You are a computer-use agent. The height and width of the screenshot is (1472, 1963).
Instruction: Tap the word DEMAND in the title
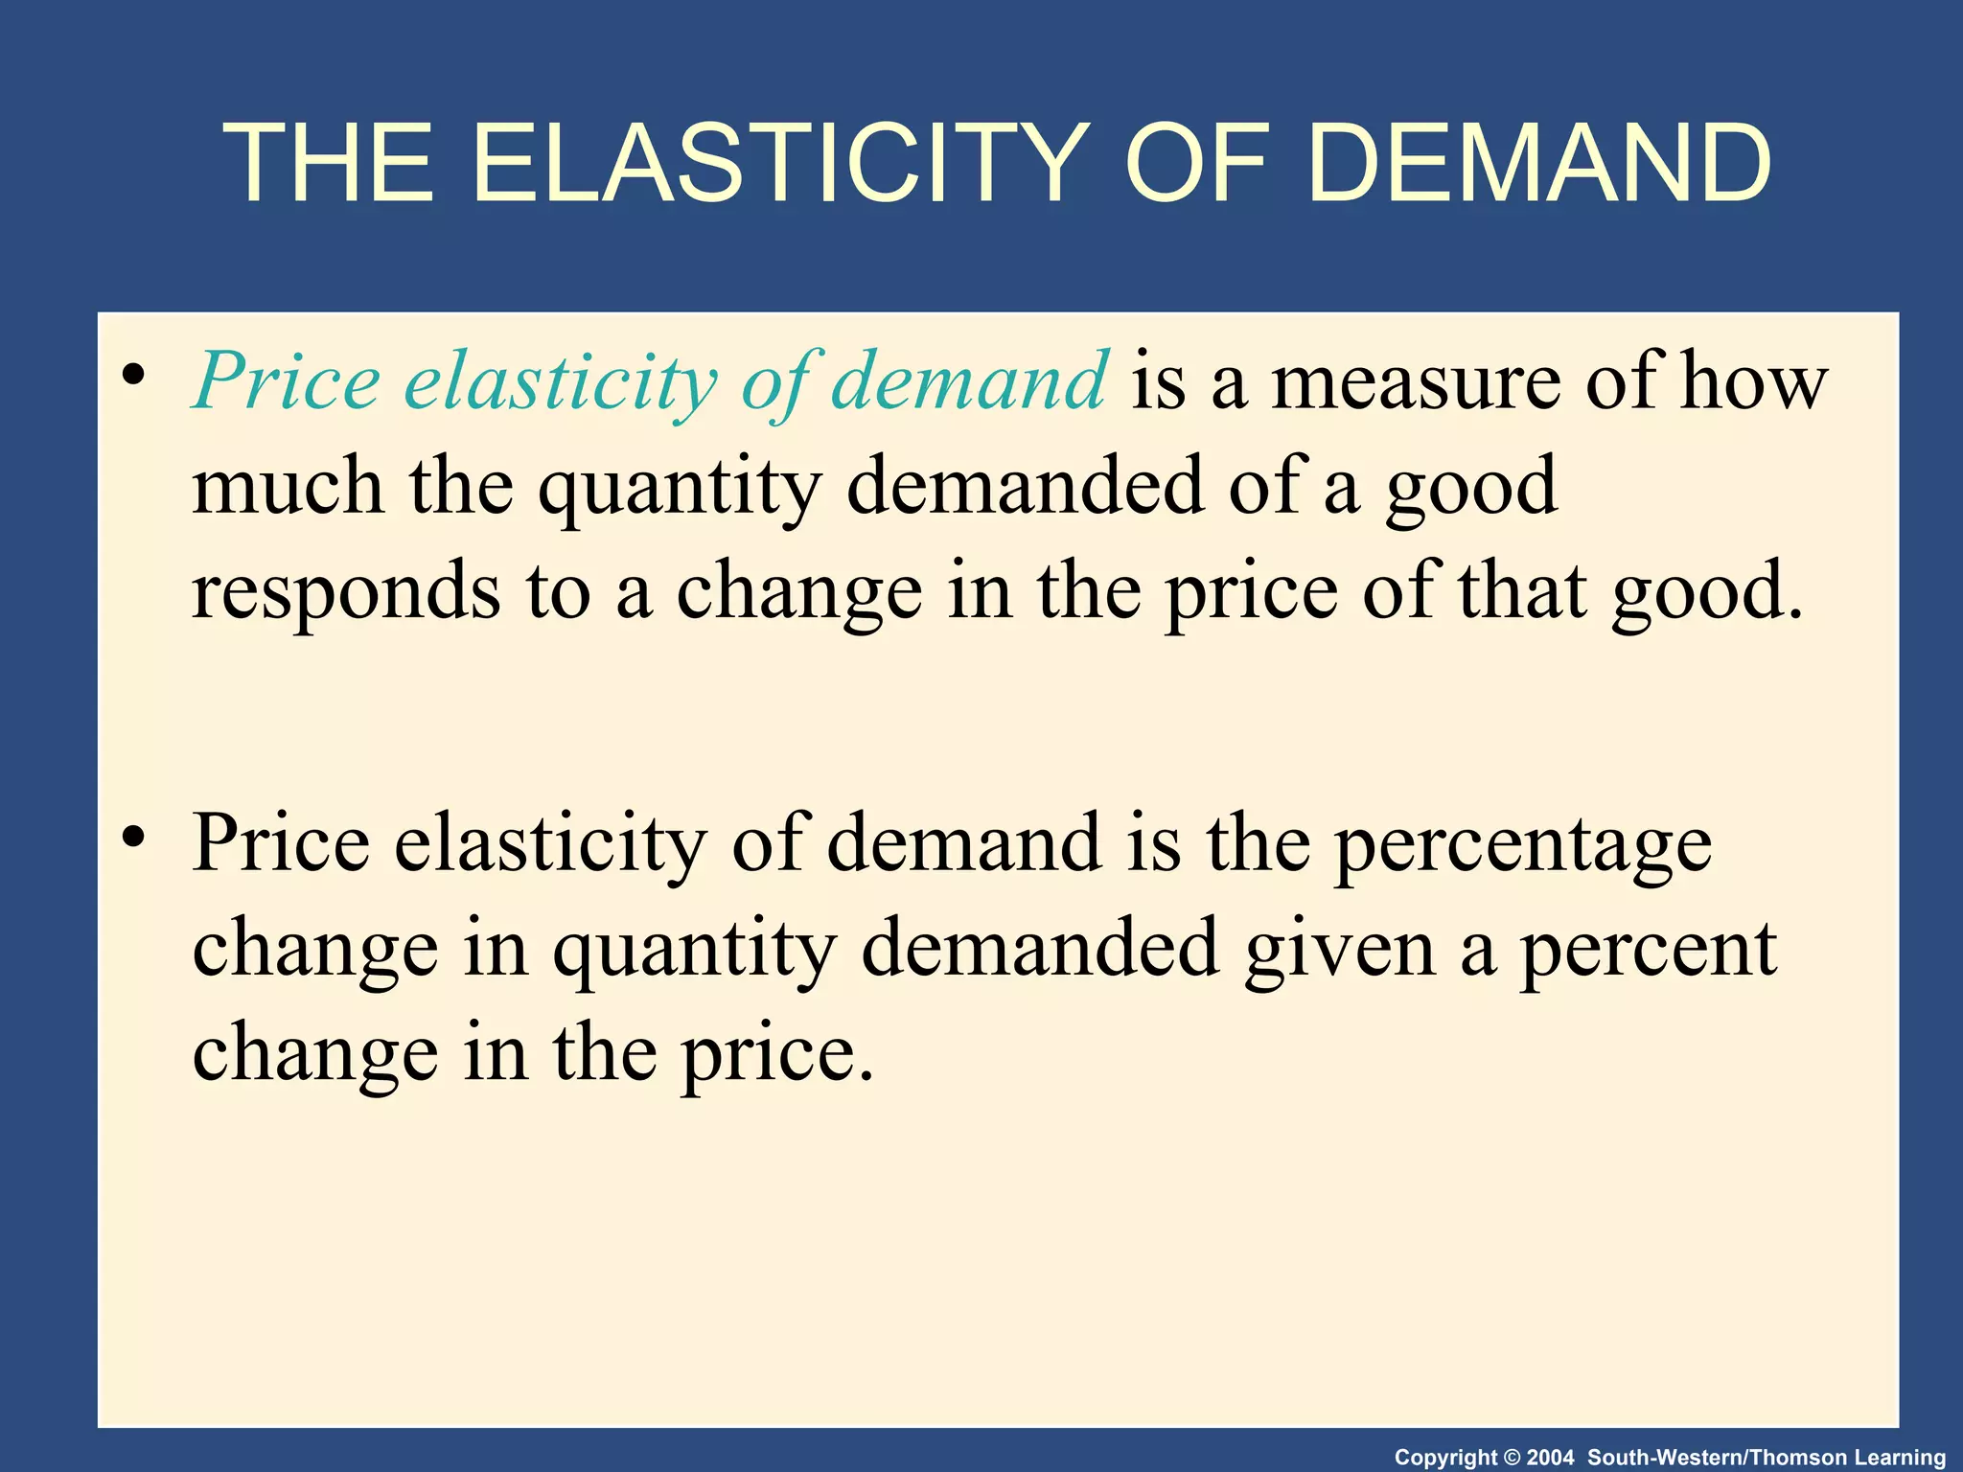[1537, 165]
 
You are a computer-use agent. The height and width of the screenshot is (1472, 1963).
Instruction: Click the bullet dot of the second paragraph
[134, 836]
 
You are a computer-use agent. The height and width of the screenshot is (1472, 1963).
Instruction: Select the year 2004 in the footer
[1550, 1458]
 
